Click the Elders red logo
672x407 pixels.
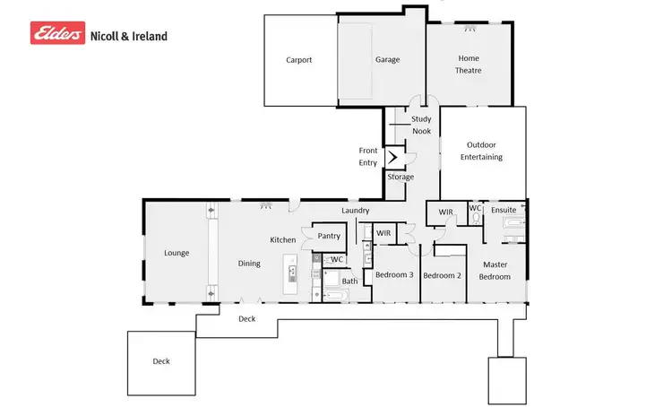click(58, 34)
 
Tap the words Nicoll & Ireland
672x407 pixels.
click(128, 36)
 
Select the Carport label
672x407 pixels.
click(299, 60)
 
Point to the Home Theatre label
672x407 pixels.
click(469, 65)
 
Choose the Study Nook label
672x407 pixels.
click(421, 126)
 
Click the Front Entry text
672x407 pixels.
click(368, 157)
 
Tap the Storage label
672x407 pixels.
click(401, 177)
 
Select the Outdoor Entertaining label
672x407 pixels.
click(481, 151)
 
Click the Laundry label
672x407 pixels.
click(356, 211)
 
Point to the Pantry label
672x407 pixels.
click(329, 236)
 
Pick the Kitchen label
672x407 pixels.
click(283, 240)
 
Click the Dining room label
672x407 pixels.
click(249, 264)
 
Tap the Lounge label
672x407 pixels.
click(177, 253)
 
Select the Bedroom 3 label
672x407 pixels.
click(393, 275)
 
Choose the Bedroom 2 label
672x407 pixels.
click(442, 275)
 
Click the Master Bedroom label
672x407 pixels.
click(495, 271)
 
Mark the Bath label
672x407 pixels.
click(349, 281)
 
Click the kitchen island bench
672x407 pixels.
click(290, 274)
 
